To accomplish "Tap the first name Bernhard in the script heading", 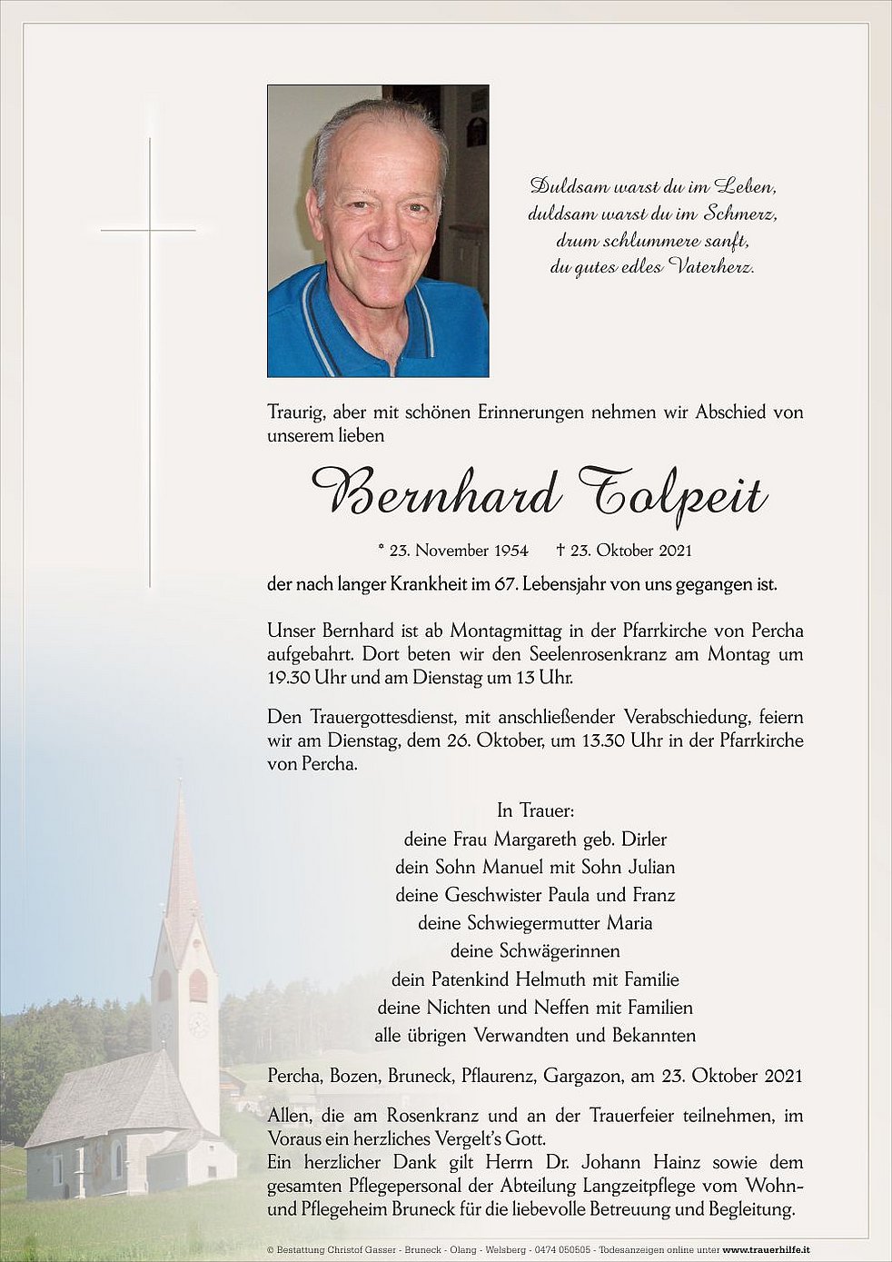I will (x=436, y=494).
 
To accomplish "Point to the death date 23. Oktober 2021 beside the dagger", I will (x=631, y=550).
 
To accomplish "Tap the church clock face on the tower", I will (x=197, y=1024).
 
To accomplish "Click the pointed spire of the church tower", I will (x=182, y=845).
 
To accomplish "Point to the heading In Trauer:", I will (x=535, y=810).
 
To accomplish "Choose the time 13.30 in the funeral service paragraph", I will (x=600, y=741).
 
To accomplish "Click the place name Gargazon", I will (x=582, y=1077).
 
